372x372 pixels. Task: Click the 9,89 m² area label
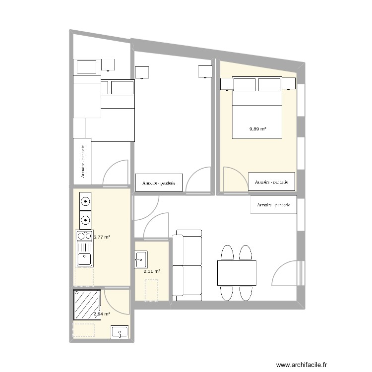257,129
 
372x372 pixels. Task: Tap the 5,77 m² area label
102,237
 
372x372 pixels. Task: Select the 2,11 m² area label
152,271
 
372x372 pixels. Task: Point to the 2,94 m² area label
102,313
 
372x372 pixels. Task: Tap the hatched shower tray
86,305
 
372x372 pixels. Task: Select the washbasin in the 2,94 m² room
120,332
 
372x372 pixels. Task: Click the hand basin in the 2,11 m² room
140,257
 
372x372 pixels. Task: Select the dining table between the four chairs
237,273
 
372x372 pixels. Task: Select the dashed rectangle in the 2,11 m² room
151,290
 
